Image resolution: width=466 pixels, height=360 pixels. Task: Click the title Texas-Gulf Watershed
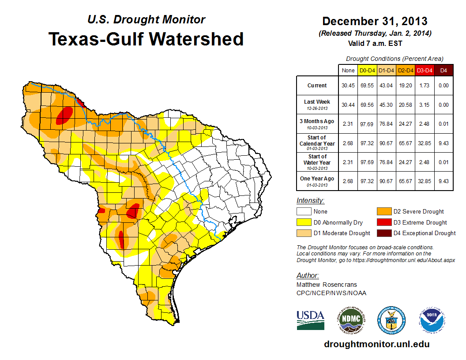click(x=146, y=39)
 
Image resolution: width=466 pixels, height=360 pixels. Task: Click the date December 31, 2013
click(x=375, y=21)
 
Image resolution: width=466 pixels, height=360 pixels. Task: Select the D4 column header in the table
click(x=443, y=70)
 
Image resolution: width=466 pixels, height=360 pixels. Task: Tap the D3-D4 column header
click(x=424, y=70)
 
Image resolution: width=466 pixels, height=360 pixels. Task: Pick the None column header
click(x=348, y=70)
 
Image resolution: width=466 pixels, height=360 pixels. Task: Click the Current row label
click(x=317, y=86)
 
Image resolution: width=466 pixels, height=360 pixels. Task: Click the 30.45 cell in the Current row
click(x=348, y=86)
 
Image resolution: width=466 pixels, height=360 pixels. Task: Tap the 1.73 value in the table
click(x=424, y=86)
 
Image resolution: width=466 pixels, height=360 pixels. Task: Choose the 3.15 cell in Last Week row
click(x=424, y=105)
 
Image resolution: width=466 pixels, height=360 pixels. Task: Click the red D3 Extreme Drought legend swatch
click(x=383, y=222)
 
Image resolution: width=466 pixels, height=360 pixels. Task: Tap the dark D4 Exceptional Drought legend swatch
click(x=383, y=233)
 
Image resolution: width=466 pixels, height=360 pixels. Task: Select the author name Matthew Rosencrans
click(x=327, y=285)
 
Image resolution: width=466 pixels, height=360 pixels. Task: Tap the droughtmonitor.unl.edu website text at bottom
click(x=376, y=344)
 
